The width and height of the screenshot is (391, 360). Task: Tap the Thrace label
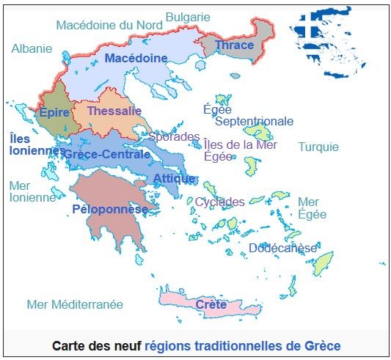pyautogui.click(x=235, y=45)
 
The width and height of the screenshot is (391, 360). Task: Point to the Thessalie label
pyautogui.click(x=114, y=111)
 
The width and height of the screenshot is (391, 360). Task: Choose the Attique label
pyautogui.click(x=175, y=178)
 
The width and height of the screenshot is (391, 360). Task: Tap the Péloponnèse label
pyautogui.click(x=111, y=209)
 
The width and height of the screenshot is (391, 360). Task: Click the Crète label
pyautogui.click(x=211, y=304)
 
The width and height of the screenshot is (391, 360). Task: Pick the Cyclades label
pyautogui.click(x=220, y=202)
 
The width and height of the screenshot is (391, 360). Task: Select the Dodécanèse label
pyautogui.click(x=282, y=248)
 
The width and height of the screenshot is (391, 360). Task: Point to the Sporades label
pyautogui.click(x=174, y=136)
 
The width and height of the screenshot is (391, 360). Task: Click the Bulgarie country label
pyautogui.click(x=188, y=17)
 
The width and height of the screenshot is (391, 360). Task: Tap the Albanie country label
pyautogui.click(x=32, y=48)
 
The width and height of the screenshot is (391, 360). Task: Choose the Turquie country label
pyautogui.click(x=318, y=147)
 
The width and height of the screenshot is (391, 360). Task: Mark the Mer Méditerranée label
pyautogui.click(x=75, y=304)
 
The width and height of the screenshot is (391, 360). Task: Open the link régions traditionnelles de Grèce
pyautogui.click(x=243, y=345)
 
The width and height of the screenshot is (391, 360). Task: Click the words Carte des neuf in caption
pyautogui.click(x=97, y=345)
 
